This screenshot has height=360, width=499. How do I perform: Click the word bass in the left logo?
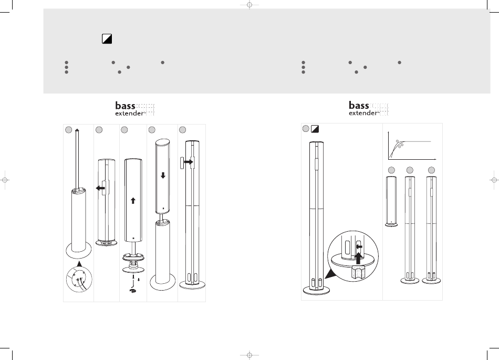coord(125,106)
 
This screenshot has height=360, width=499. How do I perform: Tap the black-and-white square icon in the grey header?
coord(107,39)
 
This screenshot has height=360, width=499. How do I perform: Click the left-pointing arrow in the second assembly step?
coord(100,188)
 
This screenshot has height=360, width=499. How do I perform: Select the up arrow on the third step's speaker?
coord(133,201)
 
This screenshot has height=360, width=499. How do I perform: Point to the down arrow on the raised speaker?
coord(163,176)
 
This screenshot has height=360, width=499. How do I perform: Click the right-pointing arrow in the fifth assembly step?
coord(189,162)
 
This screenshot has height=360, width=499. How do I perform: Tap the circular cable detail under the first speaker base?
coord(79,280)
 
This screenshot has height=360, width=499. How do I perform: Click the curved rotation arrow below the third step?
coord(133,290)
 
